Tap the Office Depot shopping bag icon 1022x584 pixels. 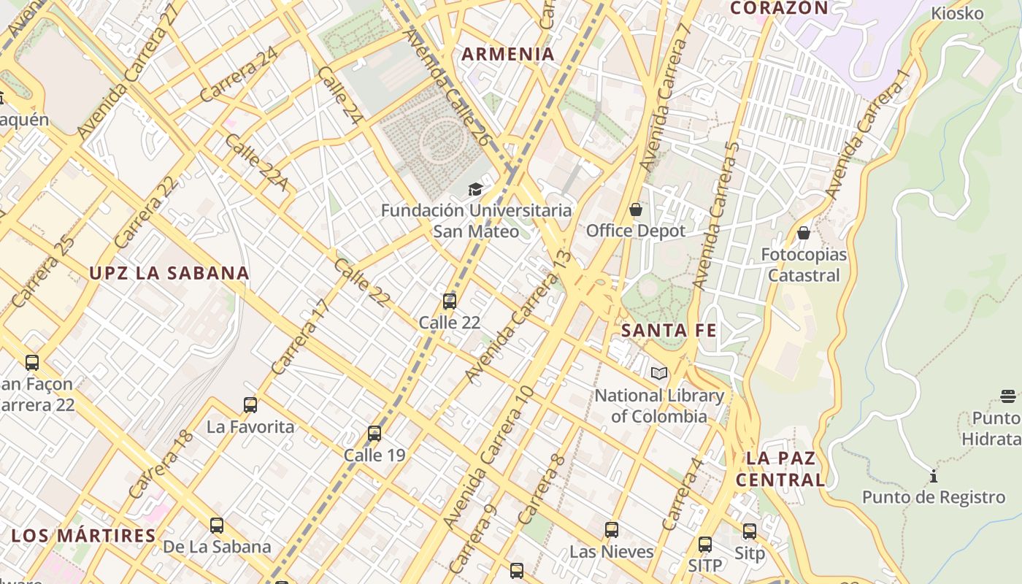pyautogui.click(x=636, y=210)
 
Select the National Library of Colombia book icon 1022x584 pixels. pyautogui.click(x=659, y=374)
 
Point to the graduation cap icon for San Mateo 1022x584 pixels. pyautogui.click(x=476, y=190)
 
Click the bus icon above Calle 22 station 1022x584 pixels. pyautogui.click(x=450, y=301)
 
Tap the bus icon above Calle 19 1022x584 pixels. pyautogui.click(x=374, y=434)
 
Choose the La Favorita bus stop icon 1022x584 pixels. pyautogui.click(x=250, y=405)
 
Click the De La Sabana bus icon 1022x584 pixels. pyautogui.click(x=217, y=526)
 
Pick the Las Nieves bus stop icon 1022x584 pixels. pyautogui.click(x=612, y=530)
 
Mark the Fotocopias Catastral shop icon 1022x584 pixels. pyautogui.click(x=804, y=234)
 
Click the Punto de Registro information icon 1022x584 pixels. pyautogui.click(x=934, y=477)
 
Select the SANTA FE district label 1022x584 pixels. pyautogui.click(x=669, y=331)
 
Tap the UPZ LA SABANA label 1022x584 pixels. pyautogui.click(x=169, y=274)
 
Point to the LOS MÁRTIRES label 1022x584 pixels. pyautogui.click(x=84, y=536)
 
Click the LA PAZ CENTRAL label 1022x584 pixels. pyautogui.click(x=780, y=469)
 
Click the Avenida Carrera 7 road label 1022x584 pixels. pyautogui.click(x=664, y=102)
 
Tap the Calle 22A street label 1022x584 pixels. pyautogui.click(x=255, y=162)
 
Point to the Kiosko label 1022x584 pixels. pyautogui.click(x=957, y=14)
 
